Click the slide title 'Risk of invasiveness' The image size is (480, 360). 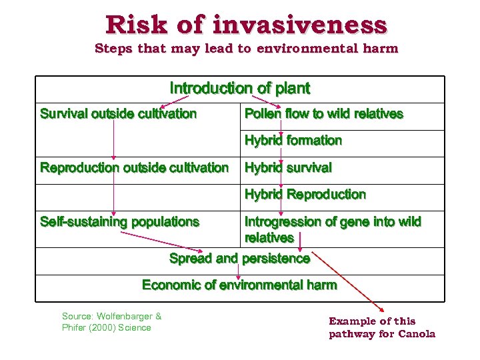pos(246,25)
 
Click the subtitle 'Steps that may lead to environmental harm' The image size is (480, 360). pos(246,48)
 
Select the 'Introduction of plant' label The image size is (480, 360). pos(240,88)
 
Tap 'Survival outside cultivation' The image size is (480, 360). pos(119,114)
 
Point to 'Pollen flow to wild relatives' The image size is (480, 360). pos(324,114)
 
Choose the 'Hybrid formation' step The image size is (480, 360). pos(293,141)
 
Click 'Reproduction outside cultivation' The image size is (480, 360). pos(134,167)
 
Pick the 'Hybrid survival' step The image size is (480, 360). pos(288,167)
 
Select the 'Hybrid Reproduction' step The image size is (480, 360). pos(305,195)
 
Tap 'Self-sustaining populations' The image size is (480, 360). pos(120,221)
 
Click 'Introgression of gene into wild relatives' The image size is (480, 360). pos(333,229)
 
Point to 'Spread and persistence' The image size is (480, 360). pos(240,258)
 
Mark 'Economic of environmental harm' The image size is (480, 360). pos(240,285)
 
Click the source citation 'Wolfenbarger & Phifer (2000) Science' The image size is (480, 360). pos(111,321)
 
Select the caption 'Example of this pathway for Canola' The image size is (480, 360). pos(381,327)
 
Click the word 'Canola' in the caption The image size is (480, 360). pos(417,334)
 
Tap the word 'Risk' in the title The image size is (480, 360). pos(137,25)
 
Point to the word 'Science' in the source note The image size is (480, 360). pos(135,327)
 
